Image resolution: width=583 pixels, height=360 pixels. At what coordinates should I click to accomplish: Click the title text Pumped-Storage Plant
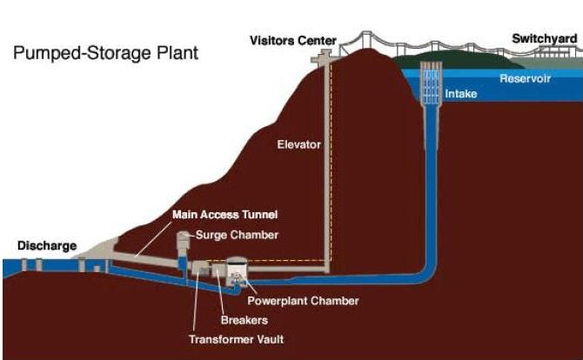tap(105, 53)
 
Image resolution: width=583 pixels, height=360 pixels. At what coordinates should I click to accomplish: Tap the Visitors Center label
tap(286, 40)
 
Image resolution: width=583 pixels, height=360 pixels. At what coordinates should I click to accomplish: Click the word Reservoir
tap(526, 79)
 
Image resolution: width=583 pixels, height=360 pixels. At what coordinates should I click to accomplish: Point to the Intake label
tap(460, 93)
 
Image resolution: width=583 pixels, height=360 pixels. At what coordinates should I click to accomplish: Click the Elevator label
tap(299, 144)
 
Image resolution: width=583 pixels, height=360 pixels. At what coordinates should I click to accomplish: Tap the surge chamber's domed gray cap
tap(184, 237)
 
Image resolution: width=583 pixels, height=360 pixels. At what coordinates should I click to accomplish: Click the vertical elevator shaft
tap(328, 165)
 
